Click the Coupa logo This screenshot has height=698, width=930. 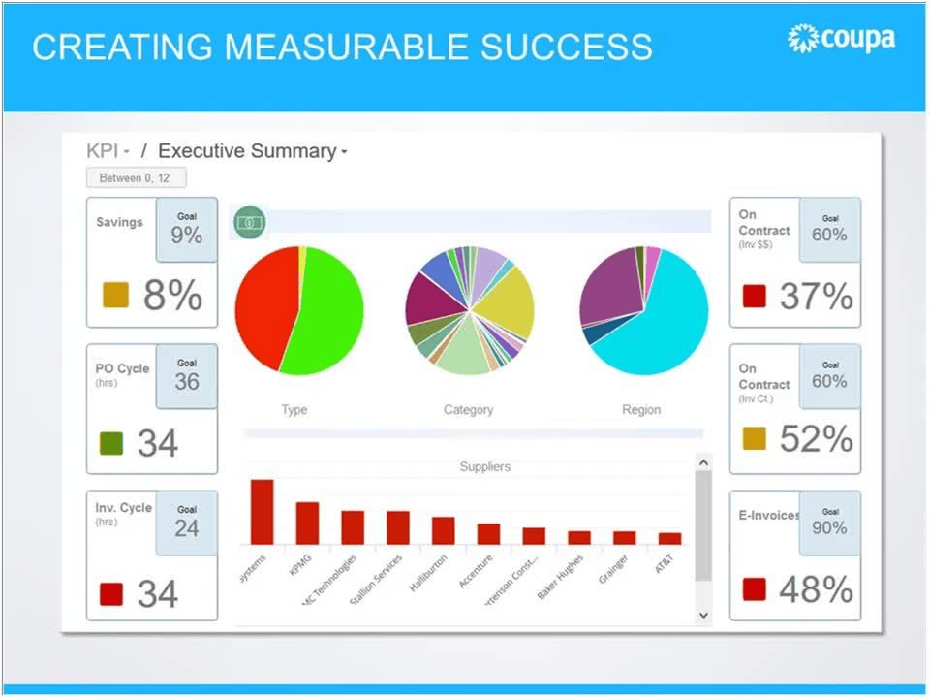point(841,39)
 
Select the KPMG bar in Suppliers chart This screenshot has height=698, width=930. point(307,523)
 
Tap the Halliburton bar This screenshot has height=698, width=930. point(444,530)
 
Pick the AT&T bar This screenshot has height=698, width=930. point(669,538)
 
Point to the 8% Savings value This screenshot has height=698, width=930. point(172,295)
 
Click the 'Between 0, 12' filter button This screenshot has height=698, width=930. point(136,178)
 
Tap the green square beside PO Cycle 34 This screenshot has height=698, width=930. point(112,444)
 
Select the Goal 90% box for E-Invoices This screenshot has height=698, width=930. point(829,523)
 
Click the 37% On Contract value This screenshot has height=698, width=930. point(816,296)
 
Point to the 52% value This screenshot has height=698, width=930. point(816,439)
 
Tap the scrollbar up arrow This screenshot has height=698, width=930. point(703,463)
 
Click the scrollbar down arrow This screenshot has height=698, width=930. point(703,615)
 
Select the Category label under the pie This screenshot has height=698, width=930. point(468,410)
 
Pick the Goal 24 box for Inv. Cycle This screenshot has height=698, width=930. point(186,522)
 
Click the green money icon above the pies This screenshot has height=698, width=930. point(251,222)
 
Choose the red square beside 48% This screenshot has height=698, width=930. point(755,589)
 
